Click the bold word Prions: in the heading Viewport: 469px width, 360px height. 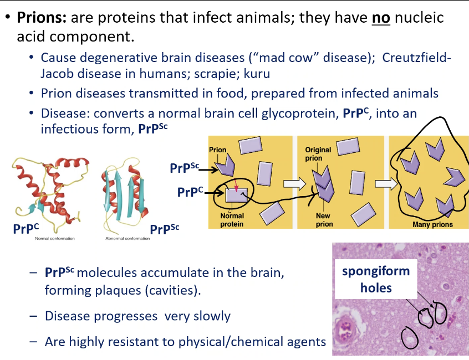[43, 17]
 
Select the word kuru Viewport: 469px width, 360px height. [258, 73]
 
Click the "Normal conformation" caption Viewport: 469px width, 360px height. [55, 239]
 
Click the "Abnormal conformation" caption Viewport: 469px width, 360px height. [128, 239]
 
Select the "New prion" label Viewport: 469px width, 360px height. [324, 220]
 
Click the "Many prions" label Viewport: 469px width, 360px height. [432, 224]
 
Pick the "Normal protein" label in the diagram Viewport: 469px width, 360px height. [232, 220]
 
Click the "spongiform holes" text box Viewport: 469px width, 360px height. [376, 279]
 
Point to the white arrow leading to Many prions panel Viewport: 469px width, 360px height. [382, 183]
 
